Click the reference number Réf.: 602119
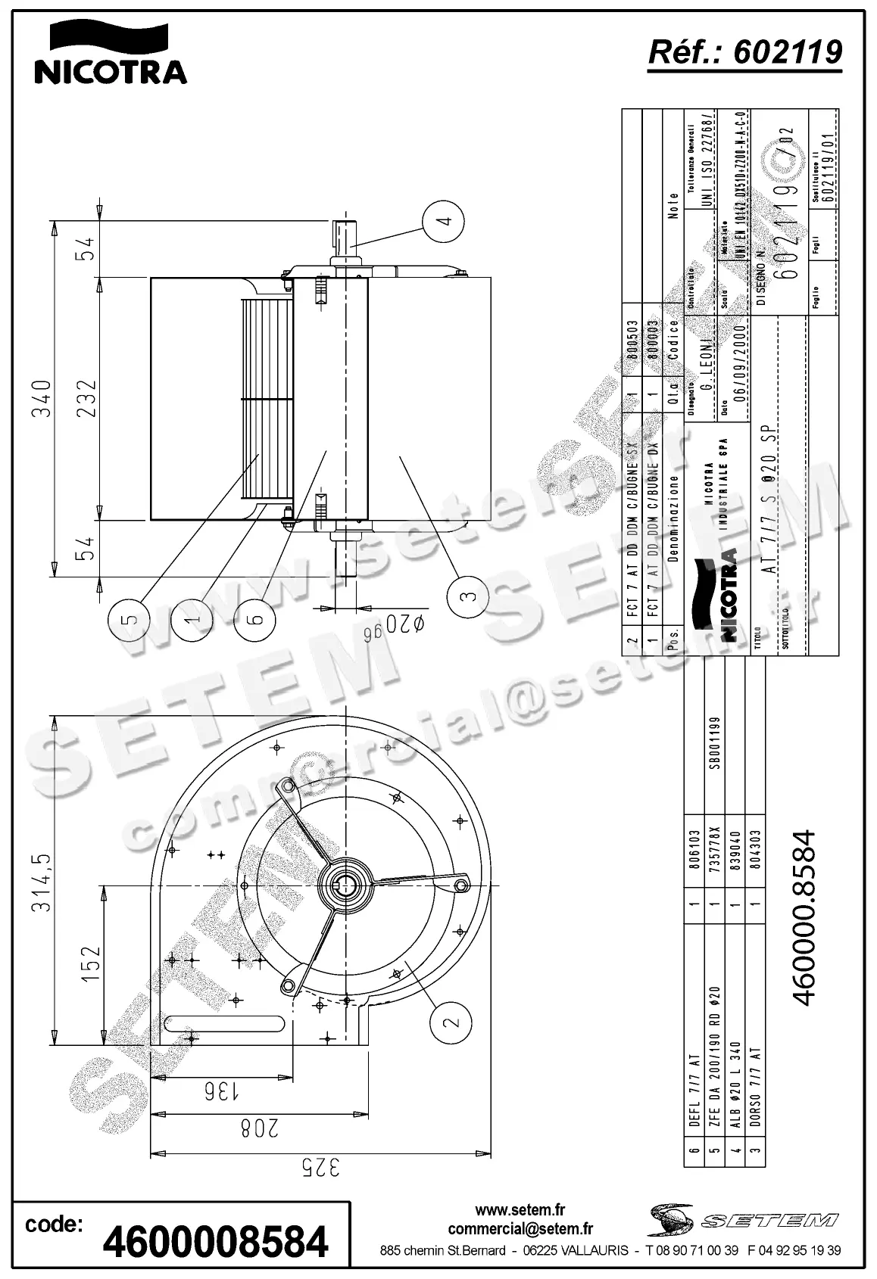point(745,52)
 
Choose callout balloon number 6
point(256,618)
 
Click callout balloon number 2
point(451,1022)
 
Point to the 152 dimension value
point(90,964)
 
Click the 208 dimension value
point(258,1128)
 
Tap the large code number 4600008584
point(216,1242)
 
